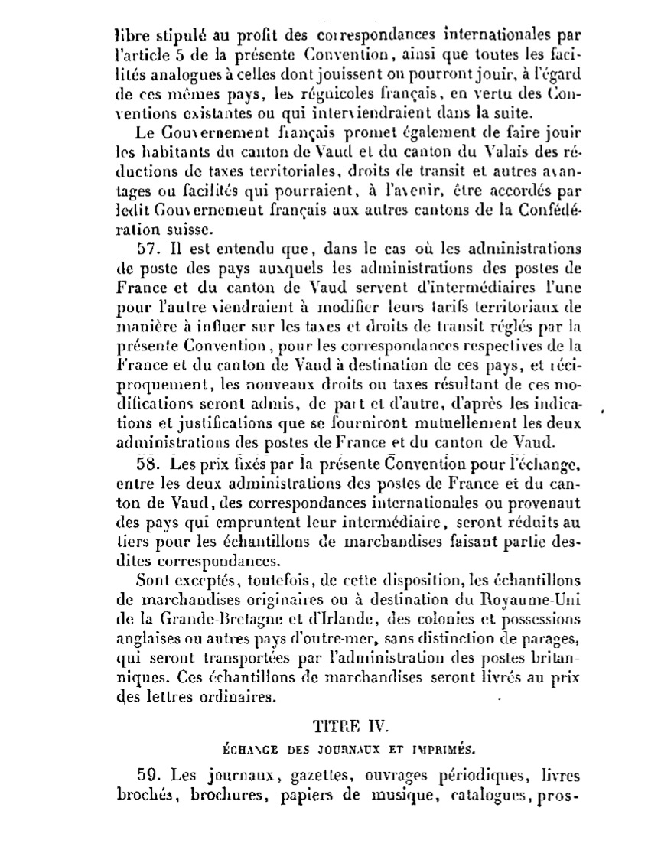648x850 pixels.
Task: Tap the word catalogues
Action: (x=484, y=794)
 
